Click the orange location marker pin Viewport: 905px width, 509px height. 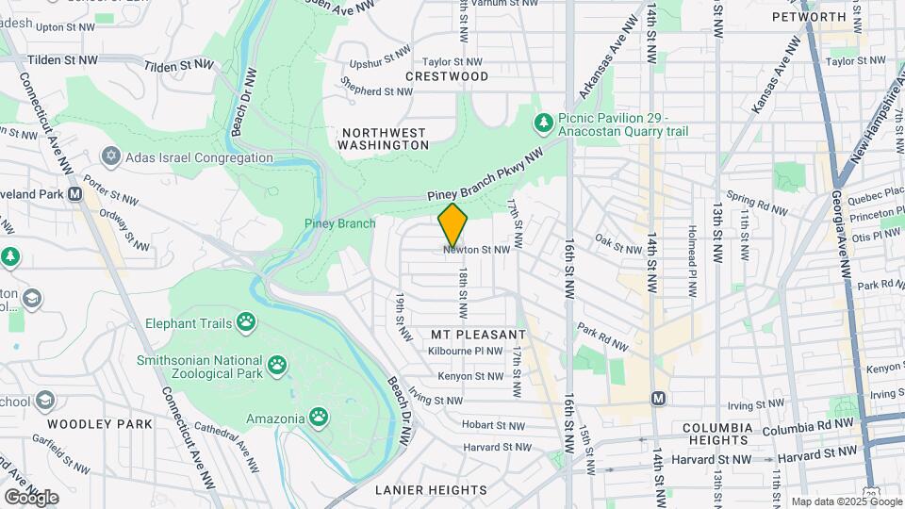452,224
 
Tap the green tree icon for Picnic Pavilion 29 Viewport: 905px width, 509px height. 543,123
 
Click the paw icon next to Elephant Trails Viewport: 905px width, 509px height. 246,323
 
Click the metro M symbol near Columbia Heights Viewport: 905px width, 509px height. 658,398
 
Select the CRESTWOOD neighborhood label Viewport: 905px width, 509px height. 447,76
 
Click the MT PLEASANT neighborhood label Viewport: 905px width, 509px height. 478,335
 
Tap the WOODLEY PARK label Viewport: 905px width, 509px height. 99,424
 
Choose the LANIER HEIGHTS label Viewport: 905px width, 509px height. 431,490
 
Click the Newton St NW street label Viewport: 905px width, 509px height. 476,250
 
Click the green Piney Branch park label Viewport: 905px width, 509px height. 339,223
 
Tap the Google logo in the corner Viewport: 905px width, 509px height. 31,497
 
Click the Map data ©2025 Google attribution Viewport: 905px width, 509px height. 846,501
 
